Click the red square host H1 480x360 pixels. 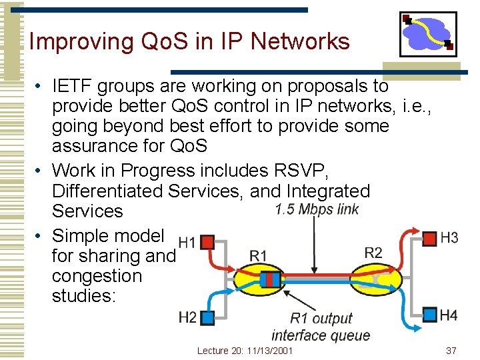[207, 241]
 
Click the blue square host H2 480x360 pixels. [207, 317]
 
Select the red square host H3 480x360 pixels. [430, 237]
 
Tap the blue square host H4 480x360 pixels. [430, 314]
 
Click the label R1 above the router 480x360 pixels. [258, 255]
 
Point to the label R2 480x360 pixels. [373, 252]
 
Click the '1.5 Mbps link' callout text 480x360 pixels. [317, 210]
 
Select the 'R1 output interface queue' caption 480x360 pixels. [321, 327]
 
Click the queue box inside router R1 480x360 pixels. [270, 279]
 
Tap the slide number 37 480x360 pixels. [451, 351]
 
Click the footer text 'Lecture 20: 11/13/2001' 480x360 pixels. [245, 351]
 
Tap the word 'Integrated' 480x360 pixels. [328, 191]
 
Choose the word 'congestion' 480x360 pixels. [97, 276]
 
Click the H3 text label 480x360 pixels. [449, 238]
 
